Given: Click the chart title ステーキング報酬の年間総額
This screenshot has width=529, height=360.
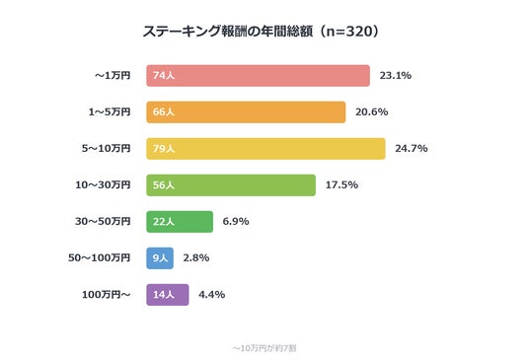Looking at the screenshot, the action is [228, 32].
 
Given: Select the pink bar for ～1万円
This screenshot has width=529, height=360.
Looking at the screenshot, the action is [259, 76].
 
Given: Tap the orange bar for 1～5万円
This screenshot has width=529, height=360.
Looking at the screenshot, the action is [246, 111].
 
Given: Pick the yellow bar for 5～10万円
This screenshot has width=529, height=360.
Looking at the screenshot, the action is [265, 149].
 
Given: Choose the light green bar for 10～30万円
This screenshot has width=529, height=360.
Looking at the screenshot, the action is [231, 185].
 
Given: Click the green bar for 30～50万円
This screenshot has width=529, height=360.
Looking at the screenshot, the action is [180, 222].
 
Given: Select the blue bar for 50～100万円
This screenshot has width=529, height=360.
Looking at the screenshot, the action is [160, 258].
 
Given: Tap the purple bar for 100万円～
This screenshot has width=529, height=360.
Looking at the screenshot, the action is [168, 295].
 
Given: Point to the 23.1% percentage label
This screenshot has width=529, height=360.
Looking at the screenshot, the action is [396, 76].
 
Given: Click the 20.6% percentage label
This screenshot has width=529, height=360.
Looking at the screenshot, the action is [371, 111].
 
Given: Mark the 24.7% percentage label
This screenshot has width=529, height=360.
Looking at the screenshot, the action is [412, 148].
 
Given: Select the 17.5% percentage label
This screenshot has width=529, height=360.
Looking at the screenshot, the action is [341, 184].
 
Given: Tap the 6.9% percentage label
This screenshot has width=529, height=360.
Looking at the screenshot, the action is [236, 222].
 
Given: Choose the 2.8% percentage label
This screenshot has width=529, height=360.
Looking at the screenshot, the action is [196, 257].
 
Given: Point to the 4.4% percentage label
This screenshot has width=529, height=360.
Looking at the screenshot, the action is [212, 295].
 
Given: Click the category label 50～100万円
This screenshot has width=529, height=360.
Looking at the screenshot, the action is [99, 257].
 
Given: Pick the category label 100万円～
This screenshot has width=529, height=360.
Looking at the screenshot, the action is [107, 295].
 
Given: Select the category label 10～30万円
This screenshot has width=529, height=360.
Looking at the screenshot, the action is [103, 184].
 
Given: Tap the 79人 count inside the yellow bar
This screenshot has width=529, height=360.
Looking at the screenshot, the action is [164, 149].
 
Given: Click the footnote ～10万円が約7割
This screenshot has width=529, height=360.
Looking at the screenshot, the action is [264, 348].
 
